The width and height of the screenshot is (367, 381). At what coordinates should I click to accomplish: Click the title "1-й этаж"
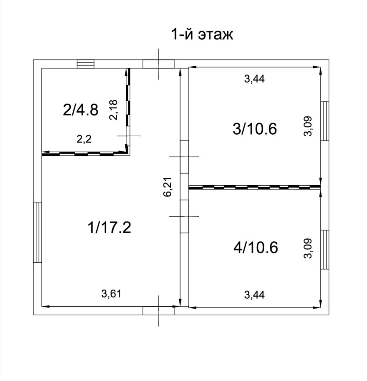tap(202, 34)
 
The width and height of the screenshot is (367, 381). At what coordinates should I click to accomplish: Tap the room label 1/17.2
tap(109, 228)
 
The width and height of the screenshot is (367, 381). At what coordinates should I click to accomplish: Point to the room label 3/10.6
tap(255, 128)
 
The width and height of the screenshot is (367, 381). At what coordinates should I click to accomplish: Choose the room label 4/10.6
tap(256, 247)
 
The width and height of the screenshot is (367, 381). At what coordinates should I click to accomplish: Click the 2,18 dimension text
tap(113, 110)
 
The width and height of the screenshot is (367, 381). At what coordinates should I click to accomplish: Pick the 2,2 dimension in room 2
tap(84, 139)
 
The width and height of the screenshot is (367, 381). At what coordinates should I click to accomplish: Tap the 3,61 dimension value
tap(111, 294)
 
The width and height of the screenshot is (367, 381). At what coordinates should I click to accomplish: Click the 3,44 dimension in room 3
tap(254, 79)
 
